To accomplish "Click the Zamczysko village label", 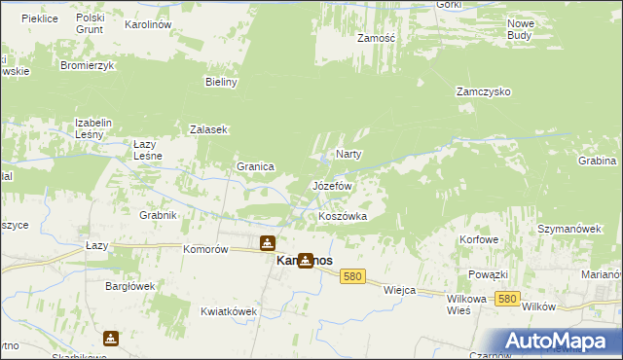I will (x=484, y=91).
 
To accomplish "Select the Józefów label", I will (x=331, y=185).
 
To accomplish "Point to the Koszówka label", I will (x=343, y=216).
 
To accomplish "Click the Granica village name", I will (x=255, y=166).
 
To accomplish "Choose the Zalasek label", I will (x=208, y=129).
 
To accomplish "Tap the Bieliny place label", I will (x=222, y=83).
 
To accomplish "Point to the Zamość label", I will (x=375, y=38).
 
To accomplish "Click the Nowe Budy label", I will (x=521, y=28).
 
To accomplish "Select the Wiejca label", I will (x=400, y=290).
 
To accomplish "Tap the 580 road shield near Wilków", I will (x=505, y=299).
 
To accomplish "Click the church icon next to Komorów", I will (x=267, y=243).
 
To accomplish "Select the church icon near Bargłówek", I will (x=111, y=338).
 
